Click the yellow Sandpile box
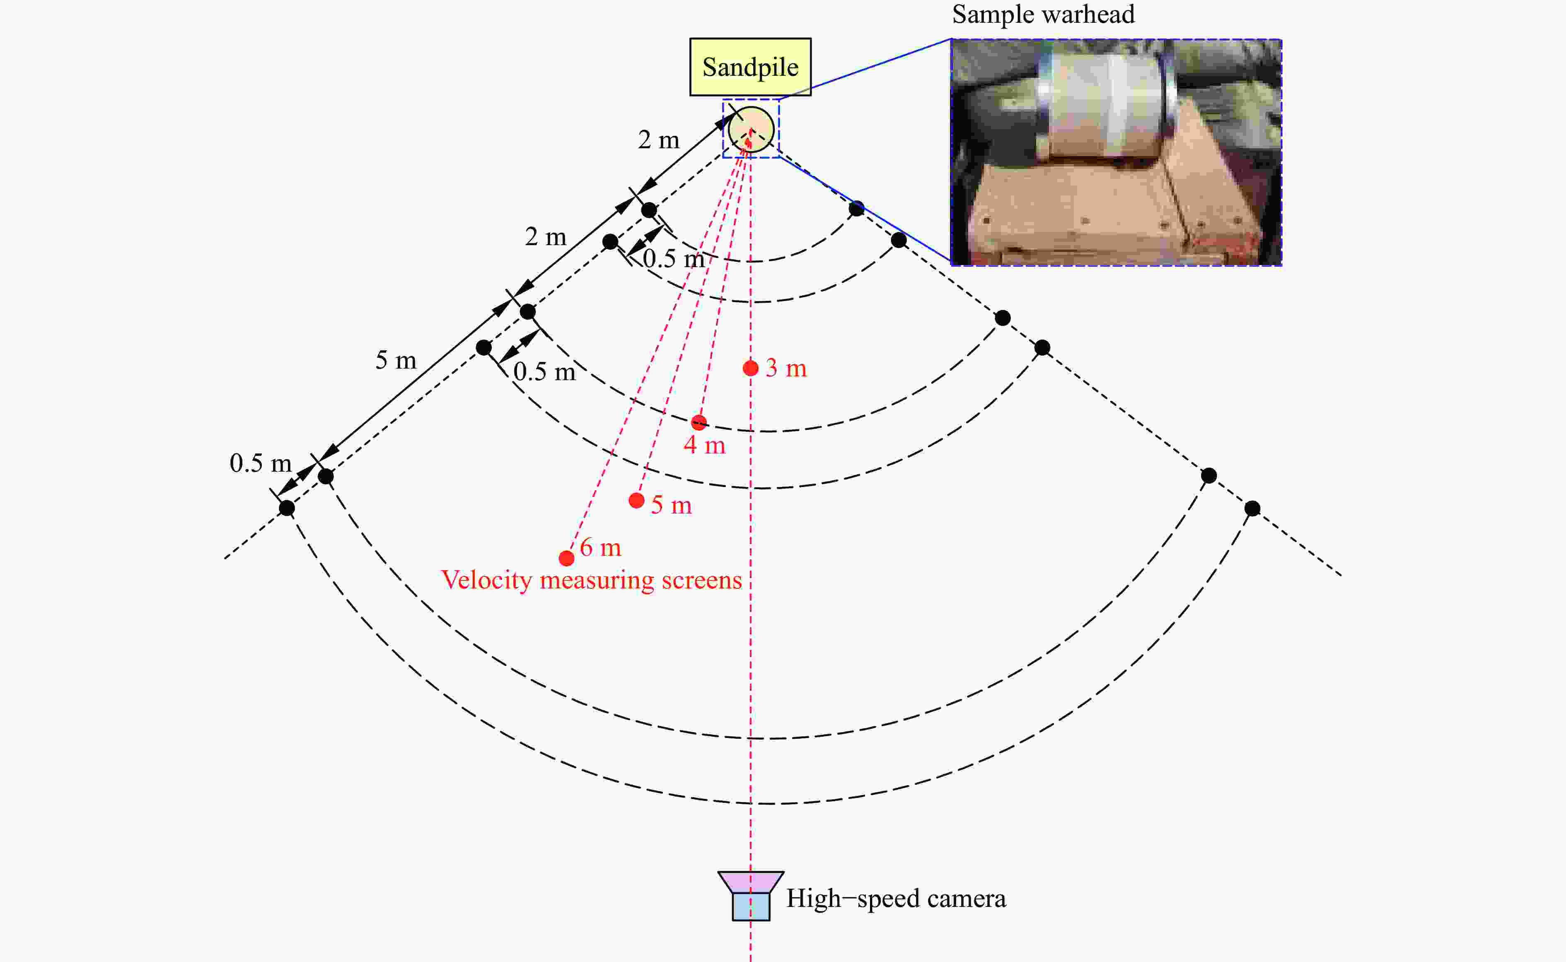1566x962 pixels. pyautogui.click(x=750, y=67)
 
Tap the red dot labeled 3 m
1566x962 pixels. pyautogui.click(x=750, y=368)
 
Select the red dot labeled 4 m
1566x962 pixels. pyautogui.click(x=698, y=422)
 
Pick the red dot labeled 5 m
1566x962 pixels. pyautogui.click(x=636, y=501)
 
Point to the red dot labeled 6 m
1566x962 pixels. pyautogui.click(x=566, y=558)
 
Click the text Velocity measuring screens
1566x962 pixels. pyautogui.click(x=592, y=580)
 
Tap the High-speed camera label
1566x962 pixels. pyautogui.click(x=896, y=898)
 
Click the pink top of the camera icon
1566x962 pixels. pyautogui.click(x=751, y=882)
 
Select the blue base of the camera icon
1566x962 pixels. pyautogui.click(x=751, y=907)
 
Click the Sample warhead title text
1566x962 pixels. pyautogui.click(x=1043, y=14)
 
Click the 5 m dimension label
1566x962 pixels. pyautogui.click(x=396, y=360)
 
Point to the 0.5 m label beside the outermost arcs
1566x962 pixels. pyautogui.click(x=260, y=463)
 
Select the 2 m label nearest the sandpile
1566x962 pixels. pyautogui.click(x=659, y=140)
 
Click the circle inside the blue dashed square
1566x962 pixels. pyautogui.click(x=751, y=129)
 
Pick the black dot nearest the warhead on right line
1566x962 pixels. pyautogui.click(x=856, y=208)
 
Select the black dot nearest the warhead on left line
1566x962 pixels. pyautogui.click(x=648, y=210)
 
